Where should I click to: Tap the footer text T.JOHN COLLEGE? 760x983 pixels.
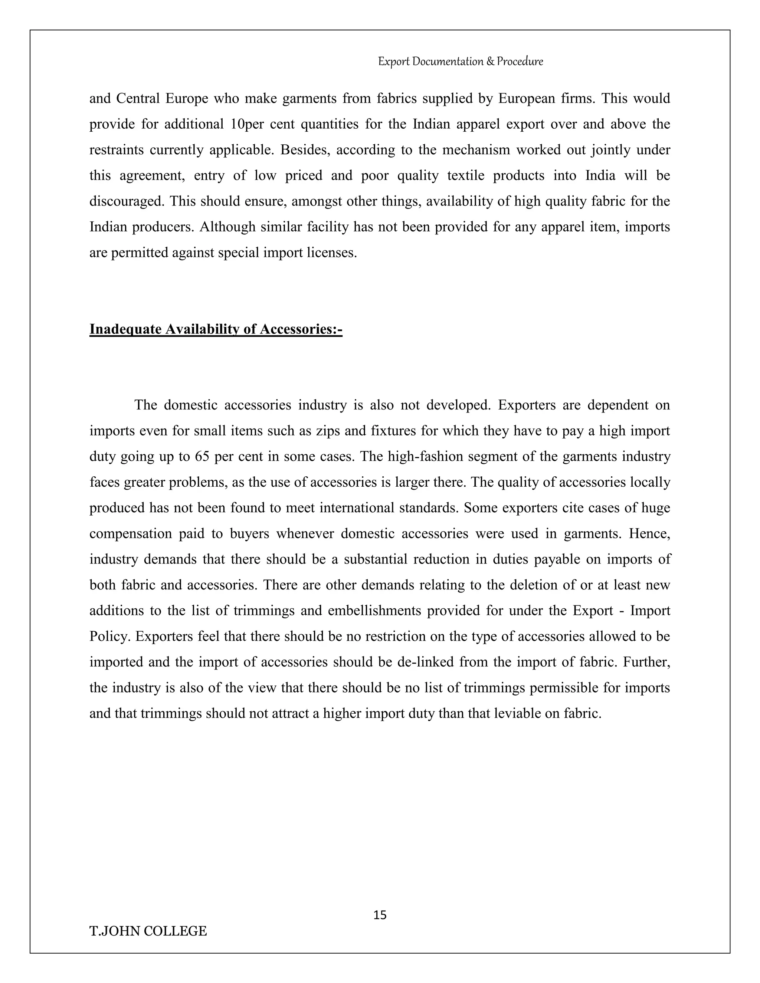click(148, 931)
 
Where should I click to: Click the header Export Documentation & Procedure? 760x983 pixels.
click(460, 61)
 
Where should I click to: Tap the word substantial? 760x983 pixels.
click(376, 559)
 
